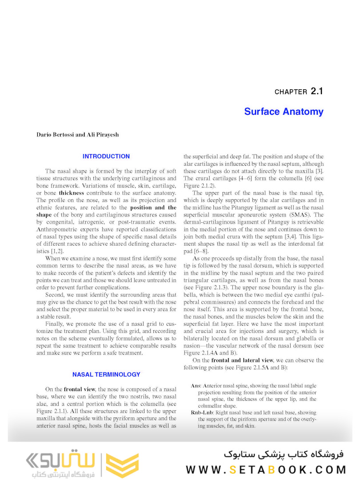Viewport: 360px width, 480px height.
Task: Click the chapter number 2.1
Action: click(317, 92)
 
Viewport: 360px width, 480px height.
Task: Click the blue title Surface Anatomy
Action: click(284, 111)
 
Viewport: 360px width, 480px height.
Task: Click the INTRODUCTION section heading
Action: click(106, 156)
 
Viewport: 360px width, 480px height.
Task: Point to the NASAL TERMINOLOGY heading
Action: click(106, 375)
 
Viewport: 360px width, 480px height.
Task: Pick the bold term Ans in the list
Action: click(195, 386)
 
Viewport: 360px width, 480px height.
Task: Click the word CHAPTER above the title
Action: click(291, 92)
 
